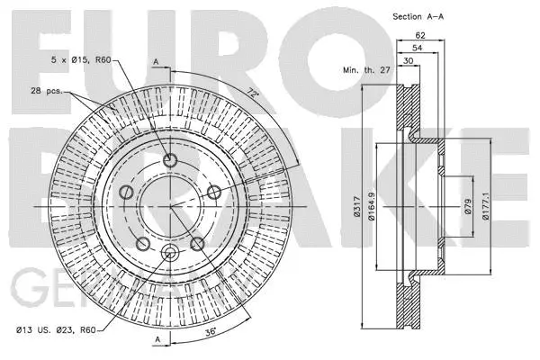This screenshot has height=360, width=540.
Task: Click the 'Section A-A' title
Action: click(x=417, y=16)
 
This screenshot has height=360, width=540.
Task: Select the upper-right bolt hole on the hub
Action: click(x=213, y=192)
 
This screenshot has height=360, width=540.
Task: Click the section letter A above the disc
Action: click(x=156, y=63)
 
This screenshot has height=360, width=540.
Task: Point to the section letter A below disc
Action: click(x=156, y=338)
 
